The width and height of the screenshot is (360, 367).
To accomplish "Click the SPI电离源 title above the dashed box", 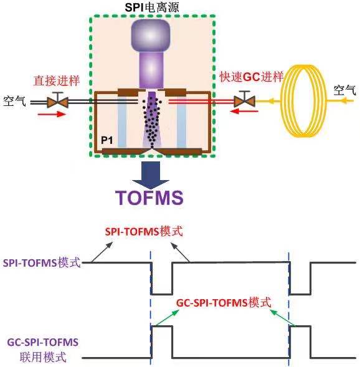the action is coord(152,7).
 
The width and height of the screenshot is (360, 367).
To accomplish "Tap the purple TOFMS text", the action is coord(149,198).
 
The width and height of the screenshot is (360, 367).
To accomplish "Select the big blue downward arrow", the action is coord(150,175).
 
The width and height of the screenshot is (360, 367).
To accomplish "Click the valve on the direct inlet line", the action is coord(57,101).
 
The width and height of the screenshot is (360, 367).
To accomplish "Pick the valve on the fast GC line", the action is coord(244,100).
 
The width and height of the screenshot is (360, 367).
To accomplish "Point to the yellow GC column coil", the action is coord(303,101).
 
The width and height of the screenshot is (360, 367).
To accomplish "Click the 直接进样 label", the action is coord(57,81).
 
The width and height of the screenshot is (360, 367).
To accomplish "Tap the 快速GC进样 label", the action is coord(252,77).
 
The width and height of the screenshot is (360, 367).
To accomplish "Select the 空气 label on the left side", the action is coord(14,102).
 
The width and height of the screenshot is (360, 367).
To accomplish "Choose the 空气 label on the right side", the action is coord(344,90).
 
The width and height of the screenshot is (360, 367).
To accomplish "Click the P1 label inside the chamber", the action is coord(107,140).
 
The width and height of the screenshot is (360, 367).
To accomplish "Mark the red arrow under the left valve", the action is coord(52,114).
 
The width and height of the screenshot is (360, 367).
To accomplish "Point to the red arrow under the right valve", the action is coord(244,111).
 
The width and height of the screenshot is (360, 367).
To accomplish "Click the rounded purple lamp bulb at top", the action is coord(151,36).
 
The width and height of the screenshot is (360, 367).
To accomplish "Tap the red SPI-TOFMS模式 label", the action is coord(144,232).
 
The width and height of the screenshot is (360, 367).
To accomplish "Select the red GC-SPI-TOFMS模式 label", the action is coord(224,303).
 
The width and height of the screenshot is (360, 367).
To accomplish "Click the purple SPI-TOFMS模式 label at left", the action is coord(42,262).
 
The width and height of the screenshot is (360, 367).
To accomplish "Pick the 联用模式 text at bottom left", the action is coord(43,357).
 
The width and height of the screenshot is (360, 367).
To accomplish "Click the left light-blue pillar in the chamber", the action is coord(122,122).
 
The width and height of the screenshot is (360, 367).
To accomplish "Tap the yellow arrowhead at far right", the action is coord(344,101).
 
